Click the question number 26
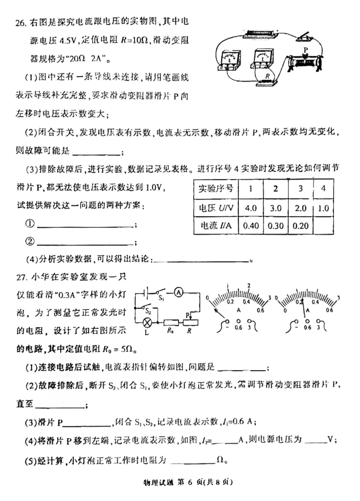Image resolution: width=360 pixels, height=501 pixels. coord(20,23)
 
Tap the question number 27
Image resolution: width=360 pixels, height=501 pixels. coord(20,276)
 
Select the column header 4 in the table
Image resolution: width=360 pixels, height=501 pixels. coord(323,188)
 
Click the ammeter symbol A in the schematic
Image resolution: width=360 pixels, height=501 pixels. coord(178,293)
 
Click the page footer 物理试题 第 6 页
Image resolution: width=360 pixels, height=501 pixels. coord(180,482)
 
